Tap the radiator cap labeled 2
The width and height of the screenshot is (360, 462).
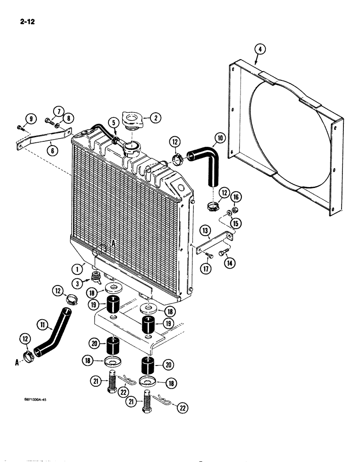pos(134,121)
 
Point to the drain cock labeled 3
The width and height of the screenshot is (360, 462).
pos(96,277)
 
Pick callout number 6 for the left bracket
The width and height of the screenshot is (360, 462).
pos(49,148)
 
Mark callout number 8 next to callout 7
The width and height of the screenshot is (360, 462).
pos(68,118)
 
